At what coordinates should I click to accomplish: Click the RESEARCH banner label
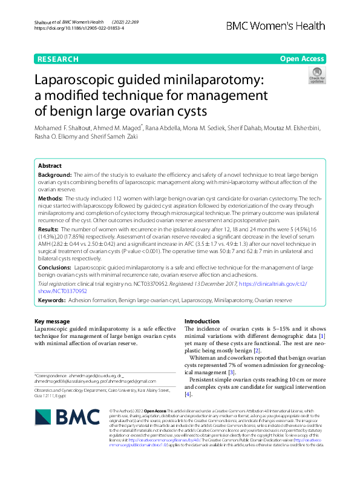point(57,59)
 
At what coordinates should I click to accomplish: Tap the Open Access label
point(302,59)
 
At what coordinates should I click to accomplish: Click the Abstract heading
point(50,166)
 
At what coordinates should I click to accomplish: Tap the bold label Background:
point(54,174)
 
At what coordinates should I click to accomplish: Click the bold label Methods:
point(50,198)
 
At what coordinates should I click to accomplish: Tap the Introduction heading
point(201,321)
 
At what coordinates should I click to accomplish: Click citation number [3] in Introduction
point(231,372)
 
